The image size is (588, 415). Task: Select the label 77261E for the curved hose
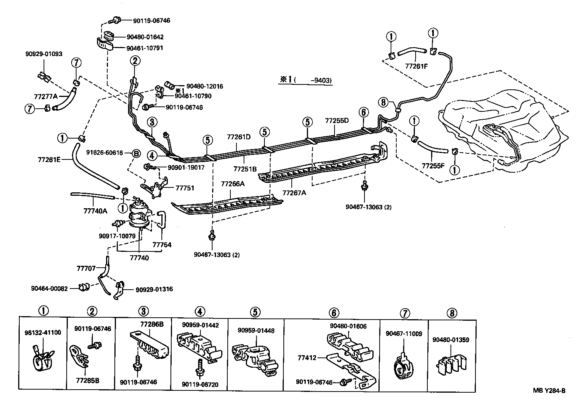(49, 160)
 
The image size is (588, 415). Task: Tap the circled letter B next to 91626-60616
(136, 153)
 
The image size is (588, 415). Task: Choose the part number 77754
(162, 245)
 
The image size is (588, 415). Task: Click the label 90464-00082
(49, 289)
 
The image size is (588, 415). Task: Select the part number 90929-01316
(154, 289)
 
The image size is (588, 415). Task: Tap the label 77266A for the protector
(233, 184)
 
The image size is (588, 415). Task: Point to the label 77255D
(336, 121)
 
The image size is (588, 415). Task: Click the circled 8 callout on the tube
(383, 102)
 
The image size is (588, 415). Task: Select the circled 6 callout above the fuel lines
(363, 112)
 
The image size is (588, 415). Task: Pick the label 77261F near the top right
(416, 65)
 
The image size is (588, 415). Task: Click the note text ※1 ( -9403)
(306, 80)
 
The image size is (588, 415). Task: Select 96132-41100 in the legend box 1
(42, 332)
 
